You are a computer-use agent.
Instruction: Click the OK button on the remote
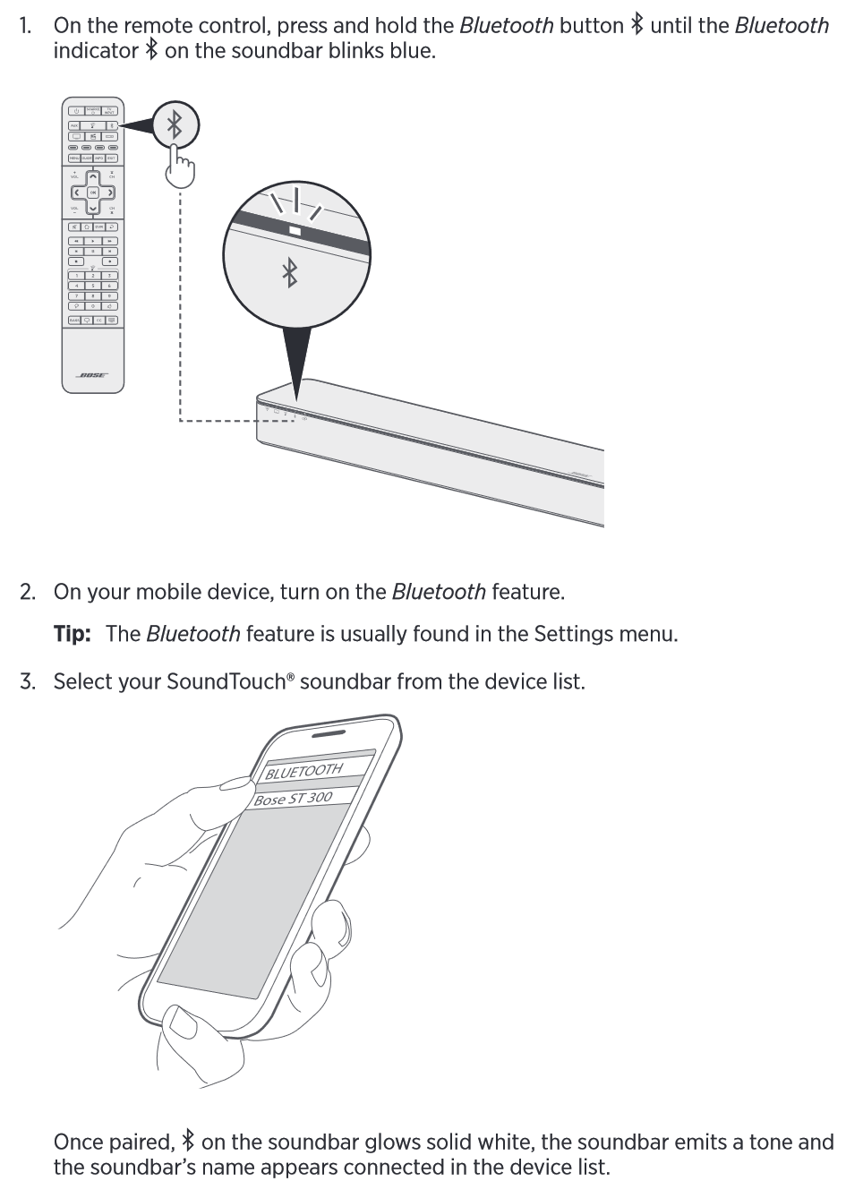[93, 193]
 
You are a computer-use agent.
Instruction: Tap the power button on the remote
[78, 112]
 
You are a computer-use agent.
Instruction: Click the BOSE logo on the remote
[92, 375]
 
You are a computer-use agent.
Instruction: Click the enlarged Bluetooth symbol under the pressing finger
[175, 124]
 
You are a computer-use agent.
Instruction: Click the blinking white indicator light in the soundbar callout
[295, 230]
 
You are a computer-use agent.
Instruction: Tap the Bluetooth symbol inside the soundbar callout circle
[290, 272]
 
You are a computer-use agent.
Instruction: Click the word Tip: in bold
[73, 634]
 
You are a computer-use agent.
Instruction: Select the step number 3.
[28, 681]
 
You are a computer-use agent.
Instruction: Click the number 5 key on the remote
[93, 285]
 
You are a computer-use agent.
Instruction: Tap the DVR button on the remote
[98, 227]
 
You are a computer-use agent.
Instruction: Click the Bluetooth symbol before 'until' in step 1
[637, 25]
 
